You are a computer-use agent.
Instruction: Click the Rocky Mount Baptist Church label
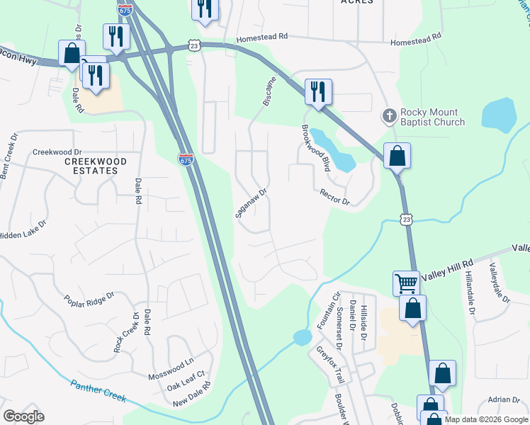coord(432,117)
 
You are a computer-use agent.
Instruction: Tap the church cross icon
coord(389,115)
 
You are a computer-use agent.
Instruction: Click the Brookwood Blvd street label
coord(317,148)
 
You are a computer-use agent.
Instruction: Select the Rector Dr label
coord(335,196)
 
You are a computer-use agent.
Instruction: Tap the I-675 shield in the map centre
coord(186,159)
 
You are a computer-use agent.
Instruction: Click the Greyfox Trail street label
coord(330,364)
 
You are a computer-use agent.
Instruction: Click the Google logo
coord(24,416)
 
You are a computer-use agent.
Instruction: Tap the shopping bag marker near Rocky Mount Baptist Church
coord(397,155)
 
